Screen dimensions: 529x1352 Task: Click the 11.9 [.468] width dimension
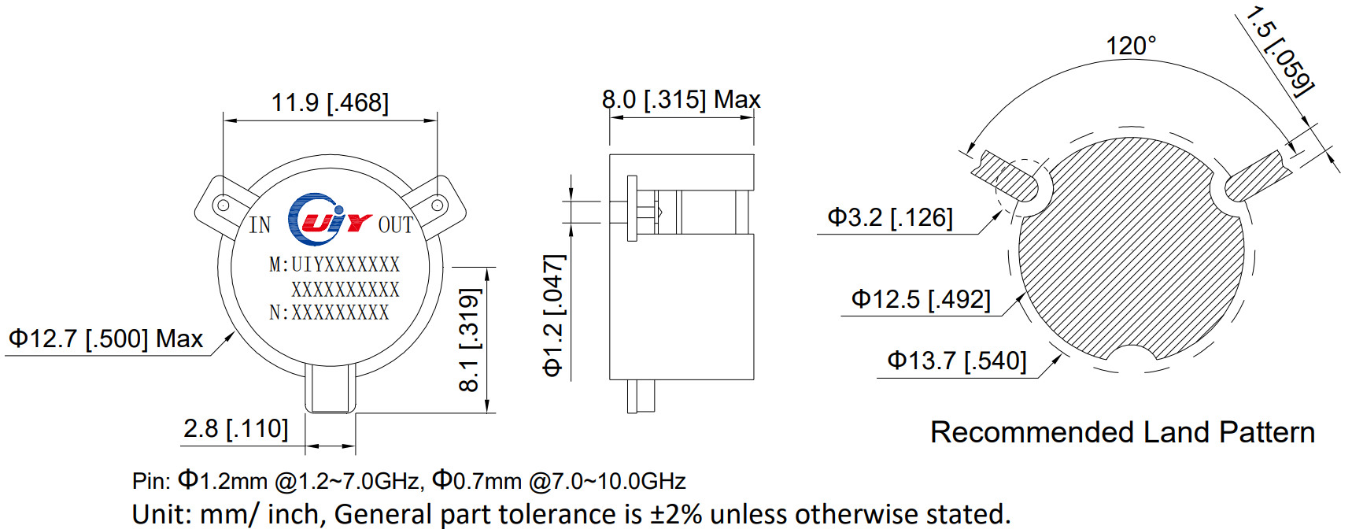(x=330, y=103)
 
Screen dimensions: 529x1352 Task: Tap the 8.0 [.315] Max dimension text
(x=681, y=100)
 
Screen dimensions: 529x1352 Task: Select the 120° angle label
(x=1131, y=46)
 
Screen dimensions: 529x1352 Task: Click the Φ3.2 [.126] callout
(x=889, y=218)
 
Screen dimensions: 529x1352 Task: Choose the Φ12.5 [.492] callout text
(x=920, y=300)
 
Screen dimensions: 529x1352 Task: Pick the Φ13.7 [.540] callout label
(x=956, y=361)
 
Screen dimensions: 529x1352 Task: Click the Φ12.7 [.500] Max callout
(x=105, y=339)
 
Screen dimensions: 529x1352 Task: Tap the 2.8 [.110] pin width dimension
(x=235, y=429)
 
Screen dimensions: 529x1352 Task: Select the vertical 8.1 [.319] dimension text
(x=469, y=340)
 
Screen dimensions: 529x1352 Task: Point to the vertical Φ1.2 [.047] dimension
(x=554, y=315)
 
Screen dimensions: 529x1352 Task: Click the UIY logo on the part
(x=328, y=220)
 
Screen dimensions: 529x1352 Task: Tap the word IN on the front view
(x=260, y=226)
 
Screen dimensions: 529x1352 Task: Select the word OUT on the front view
(x=395, y=226)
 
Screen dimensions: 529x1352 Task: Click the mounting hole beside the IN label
(x=223, y=205)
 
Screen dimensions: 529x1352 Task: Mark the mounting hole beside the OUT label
(x=438, y=205)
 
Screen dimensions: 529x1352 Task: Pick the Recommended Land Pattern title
(x=1122, y=432)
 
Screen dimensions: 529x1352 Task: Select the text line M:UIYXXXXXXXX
(x=334, y=264)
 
